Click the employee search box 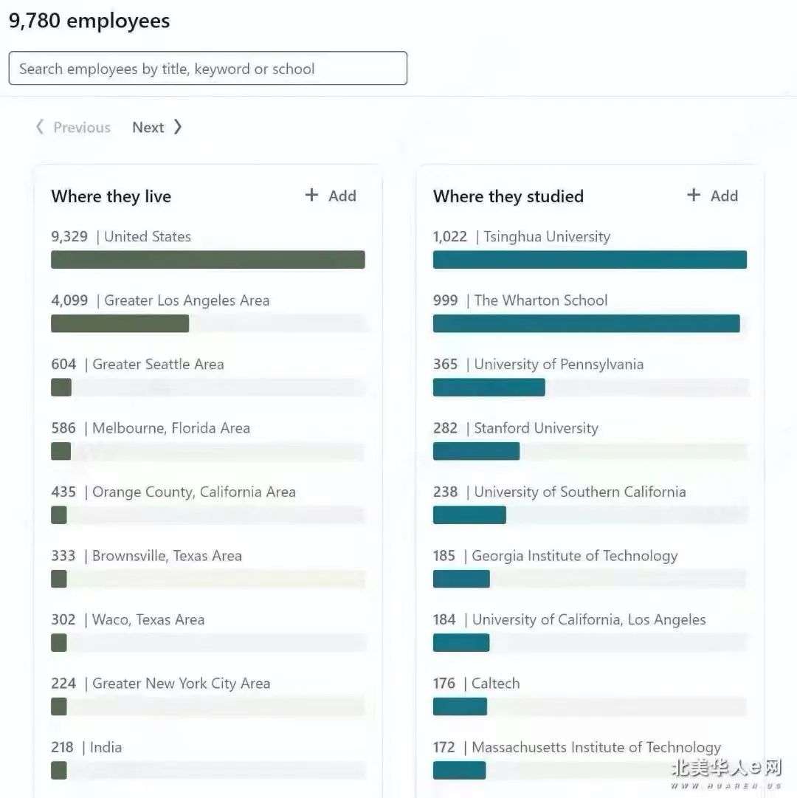[207, 69]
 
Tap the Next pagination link [156, 127]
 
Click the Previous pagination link [74, 127]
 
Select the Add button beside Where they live [331, 196]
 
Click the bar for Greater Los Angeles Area [120, 323]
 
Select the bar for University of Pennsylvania [489, 388]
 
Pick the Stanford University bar [476, 451]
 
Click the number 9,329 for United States [69, 237]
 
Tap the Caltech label [495, 684]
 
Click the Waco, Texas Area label [148, 619]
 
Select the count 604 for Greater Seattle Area [63, 364]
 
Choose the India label [106, 747]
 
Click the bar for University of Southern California [469, 515]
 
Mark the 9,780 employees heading [89, 21]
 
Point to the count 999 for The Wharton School [445, 300]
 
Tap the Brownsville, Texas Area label [167, 556]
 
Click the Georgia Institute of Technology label [574, 556]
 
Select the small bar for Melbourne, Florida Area [61, 451]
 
